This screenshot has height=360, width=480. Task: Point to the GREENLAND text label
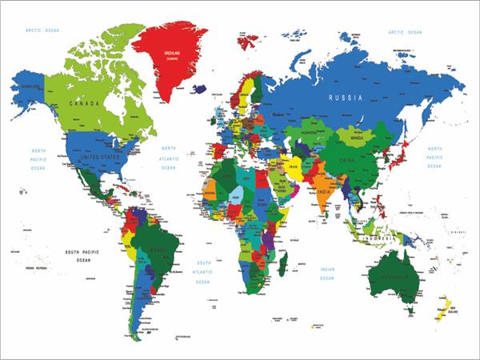tap(174, 54)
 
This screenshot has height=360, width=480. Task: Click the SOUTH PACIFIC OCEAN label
tap(85, 255)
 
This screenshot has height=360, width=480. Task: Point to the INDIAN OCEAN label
tap(327, 274)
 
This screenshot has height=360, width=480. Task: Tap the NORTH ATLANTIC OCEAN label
tap(168, 158)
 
